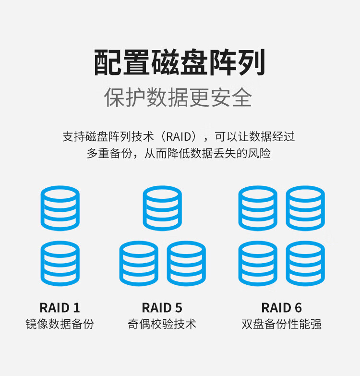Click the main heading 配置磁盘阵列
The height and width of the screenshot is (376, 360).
pyautogui.click(x=180, y=62)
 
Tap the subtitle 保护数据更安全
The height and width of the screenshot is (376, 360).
pyautogui.click(x=178, y=97)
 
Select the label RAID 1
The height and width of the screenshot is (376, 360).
pyautogui.click(x=60, y=308)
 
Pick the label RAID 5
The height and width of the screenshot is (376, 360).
pyautogui.click(x=162, y=308)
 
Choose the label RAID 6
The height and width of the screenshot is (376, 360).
pyautogui.click(x=281, y=308)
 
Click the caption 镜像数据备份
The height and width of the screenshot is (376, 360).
pyautogui.click(x=60, y=324)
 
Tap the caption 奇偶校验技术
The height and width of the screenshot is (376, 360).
pyautogui.click(x=162, y=324)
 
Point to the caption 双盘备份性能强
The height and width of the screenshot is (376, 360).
pyautogui.click(x=281, y=324)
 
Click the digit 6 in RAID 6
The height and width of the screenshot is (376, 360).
pyautogui.click(x=298, y=308)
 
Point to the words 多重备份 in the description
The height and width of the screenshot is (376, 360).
pyautogui.click(x=109, y=154)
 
